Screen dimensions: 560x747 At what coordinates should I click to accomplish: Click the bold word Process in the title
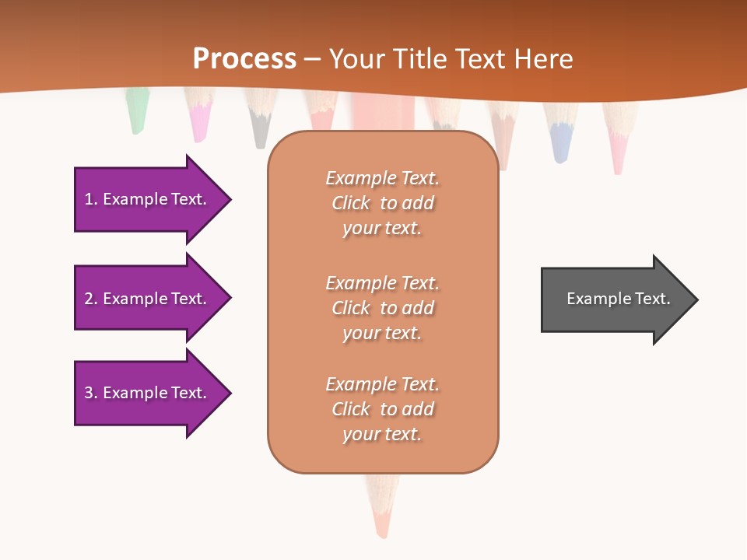pos(244,58)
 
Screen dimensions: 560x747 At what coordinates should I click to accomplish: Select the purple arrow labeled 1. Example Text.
pos(148,199)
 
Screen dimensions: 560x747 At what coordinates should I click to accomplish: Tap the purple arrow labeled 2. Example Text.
pos(148,299)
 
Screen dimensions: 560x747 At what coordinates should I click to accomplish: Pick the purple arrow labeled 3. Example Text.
pos(148,393)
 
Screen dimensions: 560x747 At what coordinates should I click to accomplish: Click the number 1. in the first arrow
pos(91,199)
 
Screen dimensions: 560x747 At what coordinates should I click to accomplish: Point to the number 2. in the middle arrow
pos(91,299)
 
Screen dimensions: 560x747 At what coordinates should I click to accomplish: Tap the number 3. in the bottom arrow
pos(91,393)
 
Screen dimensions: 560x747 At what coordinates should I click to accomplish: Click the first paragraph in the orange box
pos(382,203)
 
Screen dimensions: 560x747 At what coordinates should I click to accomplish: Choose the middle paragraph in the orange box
pos(382,308)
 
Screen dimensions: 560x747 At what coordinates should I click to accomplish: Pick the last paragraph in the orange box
pos(382,409)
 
